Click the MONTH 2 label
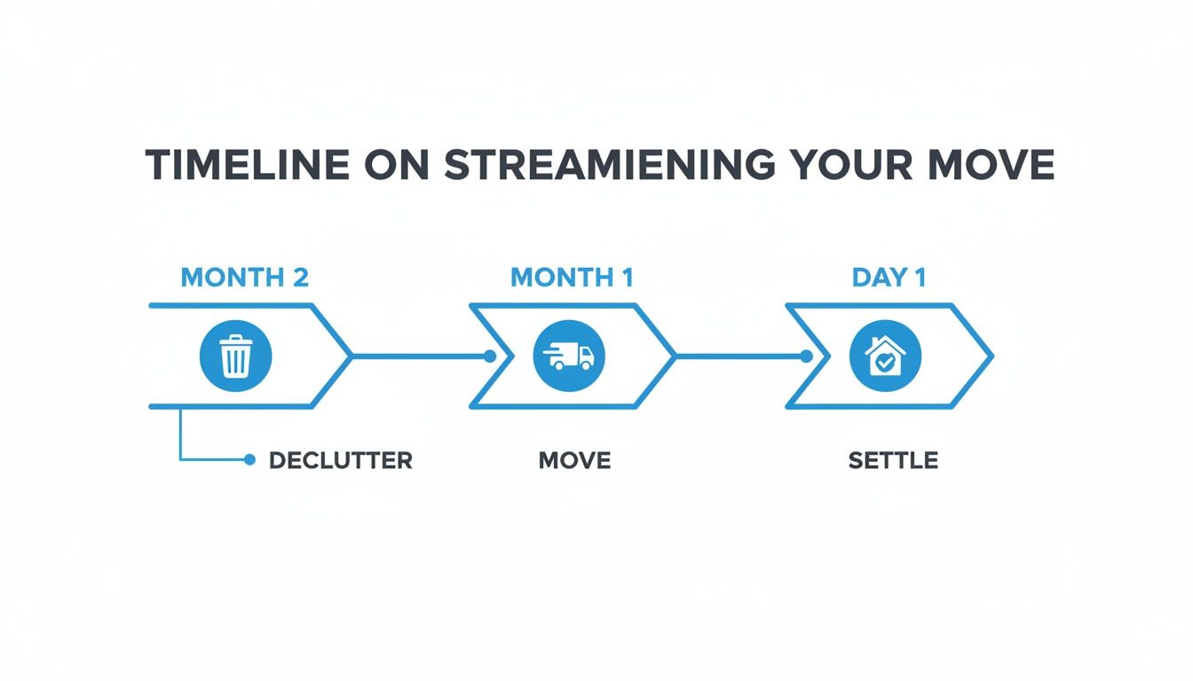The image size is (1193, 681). pos(244,278)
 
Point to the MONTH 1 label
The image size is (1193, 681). pos(572,278)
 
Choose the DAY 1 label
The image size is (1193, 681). pos(889,278)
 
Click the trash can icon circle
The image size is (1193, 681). pos(235,356)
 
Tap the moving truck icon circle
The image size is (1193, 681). pos(568,356)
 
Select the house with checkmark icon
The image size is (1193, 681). pos(885,356)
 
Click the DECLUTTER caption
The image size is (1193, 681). pos(340,461)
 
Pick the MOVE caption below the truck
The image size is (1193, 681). pos(574,461)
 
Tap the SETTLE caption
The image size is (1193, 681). pos(893,461)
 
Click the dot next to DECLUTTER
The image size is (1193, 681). pos(249,460)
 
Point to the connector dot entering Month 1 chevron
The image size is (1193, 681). pos(490,356)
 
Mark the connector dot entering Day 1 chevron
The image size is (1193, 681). pos(806,356)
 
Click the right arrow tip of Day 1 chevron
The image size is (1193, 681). pos(991,356)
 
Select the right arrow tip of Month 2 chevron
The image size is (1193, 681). pos(352,356)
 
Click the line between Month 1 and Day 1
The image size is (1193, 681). pos(737,356)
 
